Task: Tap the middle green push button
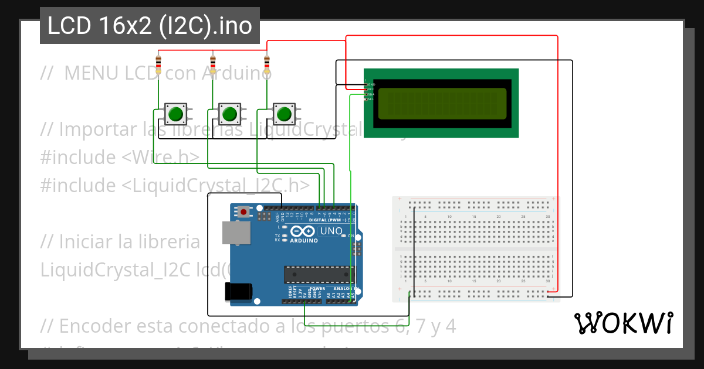point(229,112)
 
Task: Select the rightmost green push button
point(284,112)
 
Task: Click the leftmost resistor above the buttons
point(158,61)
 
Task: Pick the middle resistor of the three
point(213,61)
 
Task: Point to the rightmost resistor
point(267,61)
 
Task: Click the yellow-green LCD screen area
point(442,104)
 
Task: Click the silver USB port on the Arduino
point(235,233)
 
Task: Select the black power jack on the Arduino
point(238,291)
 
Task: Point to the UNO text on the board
point(332,231)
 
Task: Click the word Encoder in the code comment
point(97,326)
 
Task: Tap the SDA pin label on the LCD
point(371,94)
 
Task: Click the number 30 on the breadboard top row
point(547,217)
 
